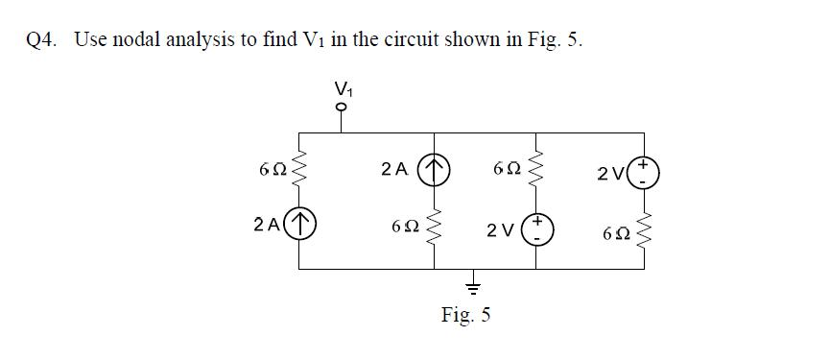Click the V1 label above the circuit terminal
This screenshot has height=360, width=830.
(342, 89)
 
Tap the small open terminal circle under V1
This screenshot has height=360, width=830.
(342, 108)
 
